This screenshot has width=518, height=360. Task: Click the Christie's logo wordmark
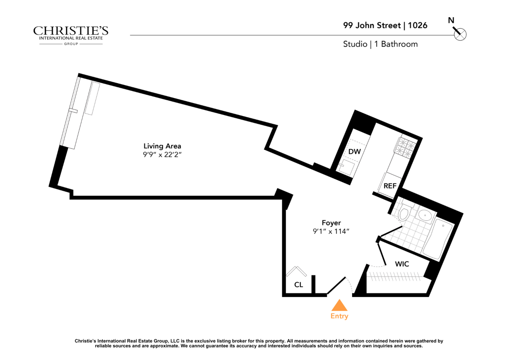coord(71,32)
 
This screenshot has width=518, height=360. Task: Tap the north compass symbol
coord(460,34)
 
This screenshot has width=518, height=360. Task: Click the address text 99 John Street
coord(371,26)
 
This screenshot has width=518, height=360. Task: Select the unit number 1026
coord(418,26)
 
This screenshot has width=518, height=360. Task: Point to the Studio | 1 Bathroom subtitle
coord(380,44)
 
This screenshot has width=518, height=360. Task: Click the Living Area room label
coord(162,146)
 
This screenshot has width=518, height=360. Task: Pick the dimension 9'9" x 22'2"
coord(162,155)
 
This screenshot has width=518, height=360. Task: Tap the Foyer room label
coord(331,223)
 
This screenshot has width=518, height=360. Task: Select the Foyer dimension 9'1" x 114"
coord(331,231)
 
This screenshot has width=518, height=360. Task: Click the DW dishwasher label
coord(354,152)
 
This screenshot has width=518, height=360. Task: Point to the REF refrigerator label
coord(390,186)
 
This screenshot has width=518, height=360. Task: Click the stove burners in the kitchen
coord(406,148)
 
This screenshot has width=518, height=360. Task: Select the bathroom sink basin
coord(425,216)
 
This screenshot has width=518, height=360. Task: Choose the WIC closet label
coord(402,264)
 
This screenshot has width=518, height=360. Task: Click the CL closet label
coord(298,285)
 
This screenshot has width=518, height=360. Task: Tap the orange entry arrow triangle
coord(339,306)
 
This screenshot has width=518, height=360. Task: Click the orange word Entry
coord(339,316)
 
